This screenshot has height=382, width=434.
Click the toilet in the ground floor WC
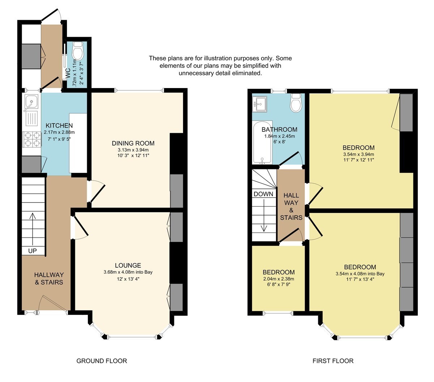[78, 51]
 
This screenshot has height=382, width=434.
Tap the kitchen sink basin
[31, 102]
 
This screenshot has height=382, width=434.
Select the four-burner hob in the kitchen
[32, 139]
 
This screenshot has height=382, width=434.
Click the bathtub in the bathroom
[262, 143]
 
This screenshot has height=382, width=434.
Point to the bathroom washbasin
[260, 104]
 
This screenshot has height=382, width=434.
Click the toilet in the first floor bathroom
[296, 104]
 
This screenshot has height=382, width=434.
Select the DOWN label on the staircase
[263, 194]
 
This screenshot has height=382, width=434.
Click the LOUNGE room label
[128, 265]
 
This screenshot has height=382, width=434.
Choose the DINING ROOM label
[133, 143]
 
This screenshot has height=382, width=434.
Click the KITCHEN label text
[59, 126]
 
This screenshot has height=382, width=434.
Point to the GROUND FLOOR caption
[102, 361]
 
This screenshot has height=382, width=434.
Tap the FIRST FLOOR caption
[333, 361]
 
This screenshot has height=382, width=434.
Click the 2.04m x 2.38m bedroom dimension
[278, 279]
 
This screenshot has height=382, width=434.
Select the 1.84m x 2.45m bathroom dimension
[279, 136]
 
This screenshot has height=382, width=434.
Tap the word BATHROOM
[279, 129]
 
